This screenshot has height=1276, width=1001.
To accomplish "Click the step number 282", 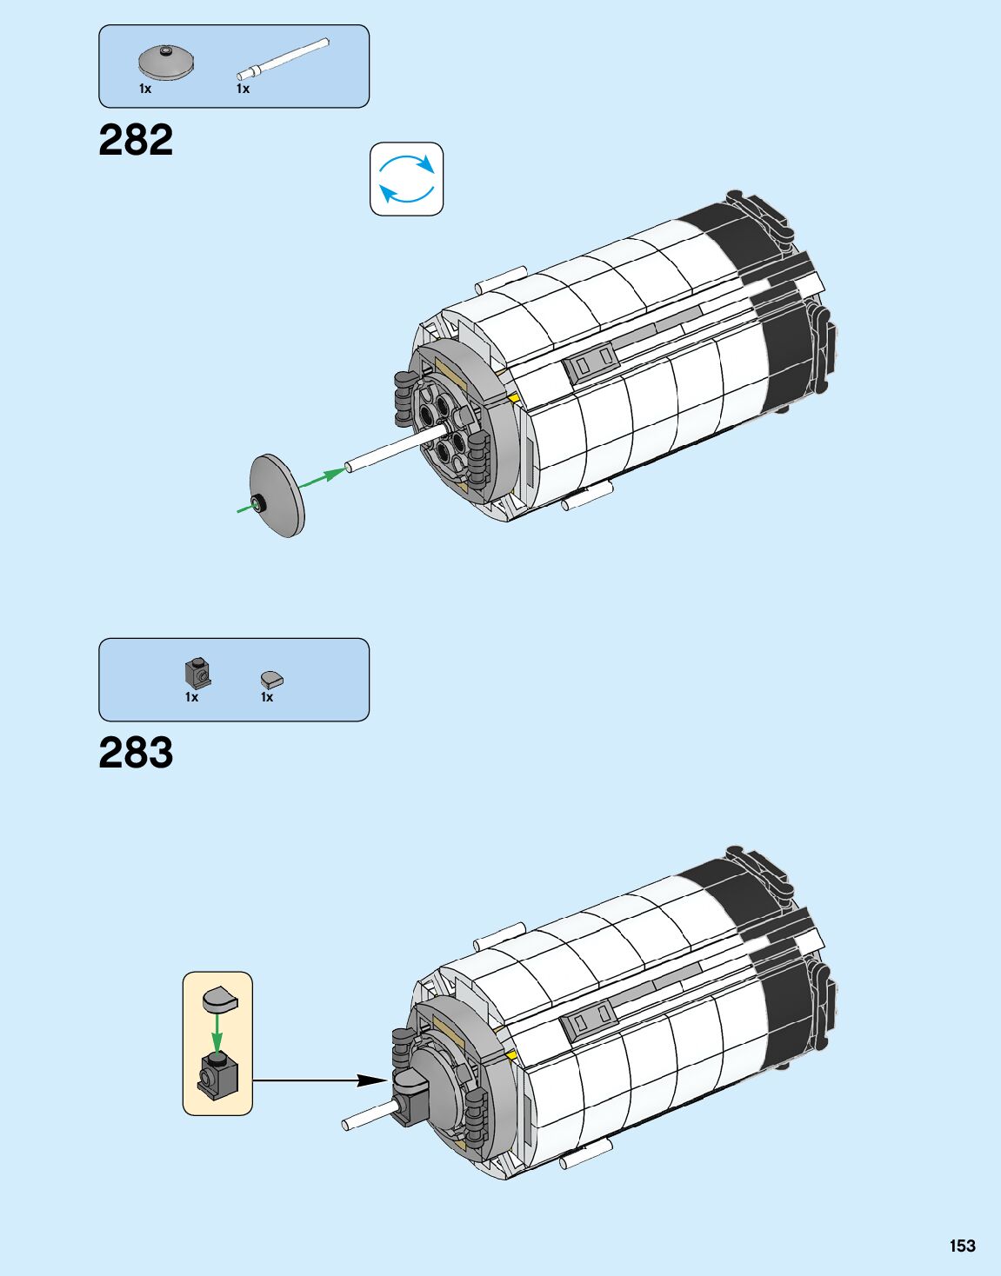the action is coord(136,140).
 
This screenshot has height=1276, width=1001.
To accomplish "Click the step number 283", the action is coord(136,753).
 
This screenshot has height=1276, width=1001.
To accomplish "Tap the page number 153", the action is coord(962,1246).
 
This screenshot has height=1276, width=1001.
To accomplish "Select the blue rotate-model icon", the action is coord(407,179).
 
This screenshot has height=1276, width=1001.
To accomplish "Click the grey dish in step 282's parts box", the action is coord(166,63).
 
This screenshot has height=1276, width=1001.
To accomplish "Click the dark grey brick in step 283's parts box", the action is coord(197,672).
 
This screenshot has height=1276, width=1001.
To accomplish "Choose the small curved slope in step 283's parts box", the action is coord(272,679).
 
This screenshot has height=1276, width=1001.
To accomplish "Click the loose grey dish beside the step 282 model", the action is coord(277,495).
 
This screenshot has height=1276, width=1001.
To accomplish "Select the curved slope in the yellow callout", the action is coord(220,999).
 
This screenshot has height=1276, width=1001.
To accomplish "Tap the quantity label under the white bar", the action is coord(243,89).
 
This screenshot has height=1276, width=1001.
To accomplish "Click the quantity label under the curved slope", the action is coord(267,697).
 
